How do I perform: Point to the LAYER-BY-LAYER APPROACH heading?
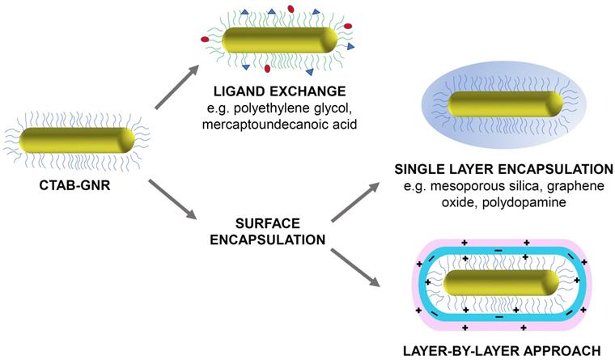503,350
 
